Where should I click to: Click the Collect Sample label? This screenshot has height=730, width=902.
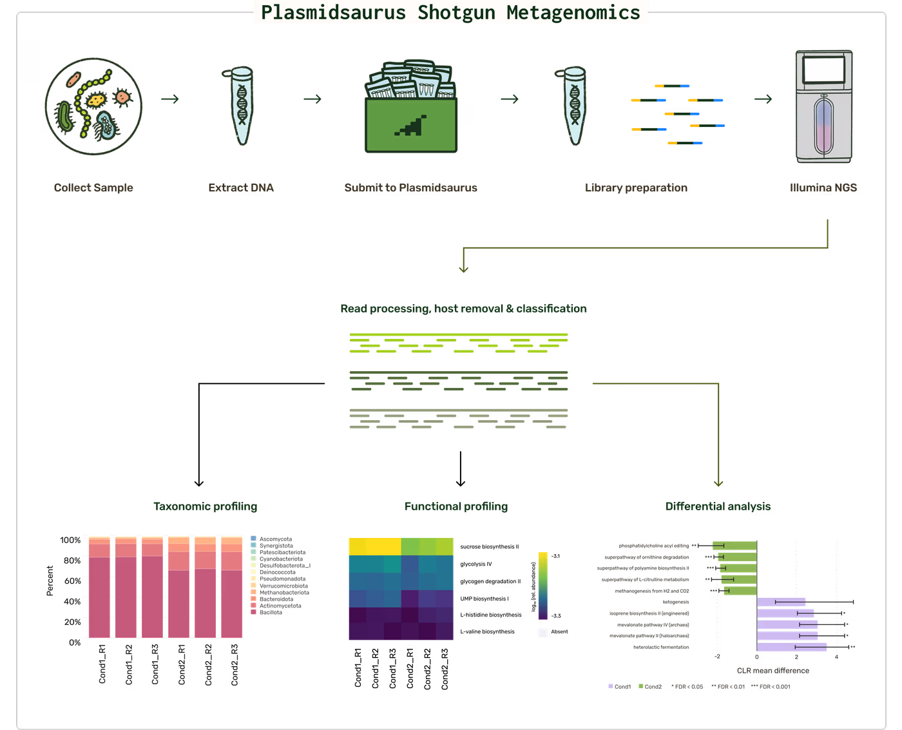(93, 187)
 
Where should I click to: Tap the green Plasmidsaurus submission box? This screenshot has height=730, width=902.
(410, 125)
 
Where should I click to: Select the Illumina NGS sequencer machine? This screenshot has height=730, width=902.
(823, 106)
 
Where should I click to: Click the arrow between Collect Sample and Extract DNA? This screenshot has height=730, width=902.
(170, 99)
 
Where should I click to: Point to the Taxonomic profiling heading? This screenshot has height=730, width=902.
(205, 506)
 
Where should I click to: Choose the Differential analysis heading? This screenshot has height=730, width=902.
(718, 506)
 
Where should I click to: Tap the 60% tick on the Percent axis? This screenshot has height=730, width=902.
(72, 581)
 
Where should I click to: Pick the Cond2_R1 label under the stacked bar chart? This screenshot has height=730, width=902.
(182, 664)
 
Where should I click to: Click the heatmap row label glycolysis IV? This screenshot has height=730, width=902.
(476, 564)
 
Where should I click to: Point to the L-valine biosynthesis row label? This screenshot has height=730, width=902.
(488, 631)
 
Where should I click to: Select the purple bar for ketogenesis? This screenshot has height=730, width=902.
(781, 602)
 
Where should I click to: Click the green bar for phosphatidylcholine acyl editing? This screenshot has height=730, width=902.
(734, 546)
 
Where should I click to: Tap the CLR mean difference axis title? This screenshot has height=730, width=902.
(773, 670)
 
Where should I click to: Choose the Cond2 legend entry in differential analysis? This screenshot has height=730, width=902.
(650, 686)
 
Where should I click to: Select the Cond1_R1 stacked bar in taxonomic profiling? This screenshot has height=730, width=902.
(99, 587)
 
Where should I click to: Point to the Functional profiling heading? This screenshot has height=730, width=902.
(456, 506)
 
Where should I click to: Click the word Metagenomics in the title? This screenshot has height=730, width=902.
(573, 12)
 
